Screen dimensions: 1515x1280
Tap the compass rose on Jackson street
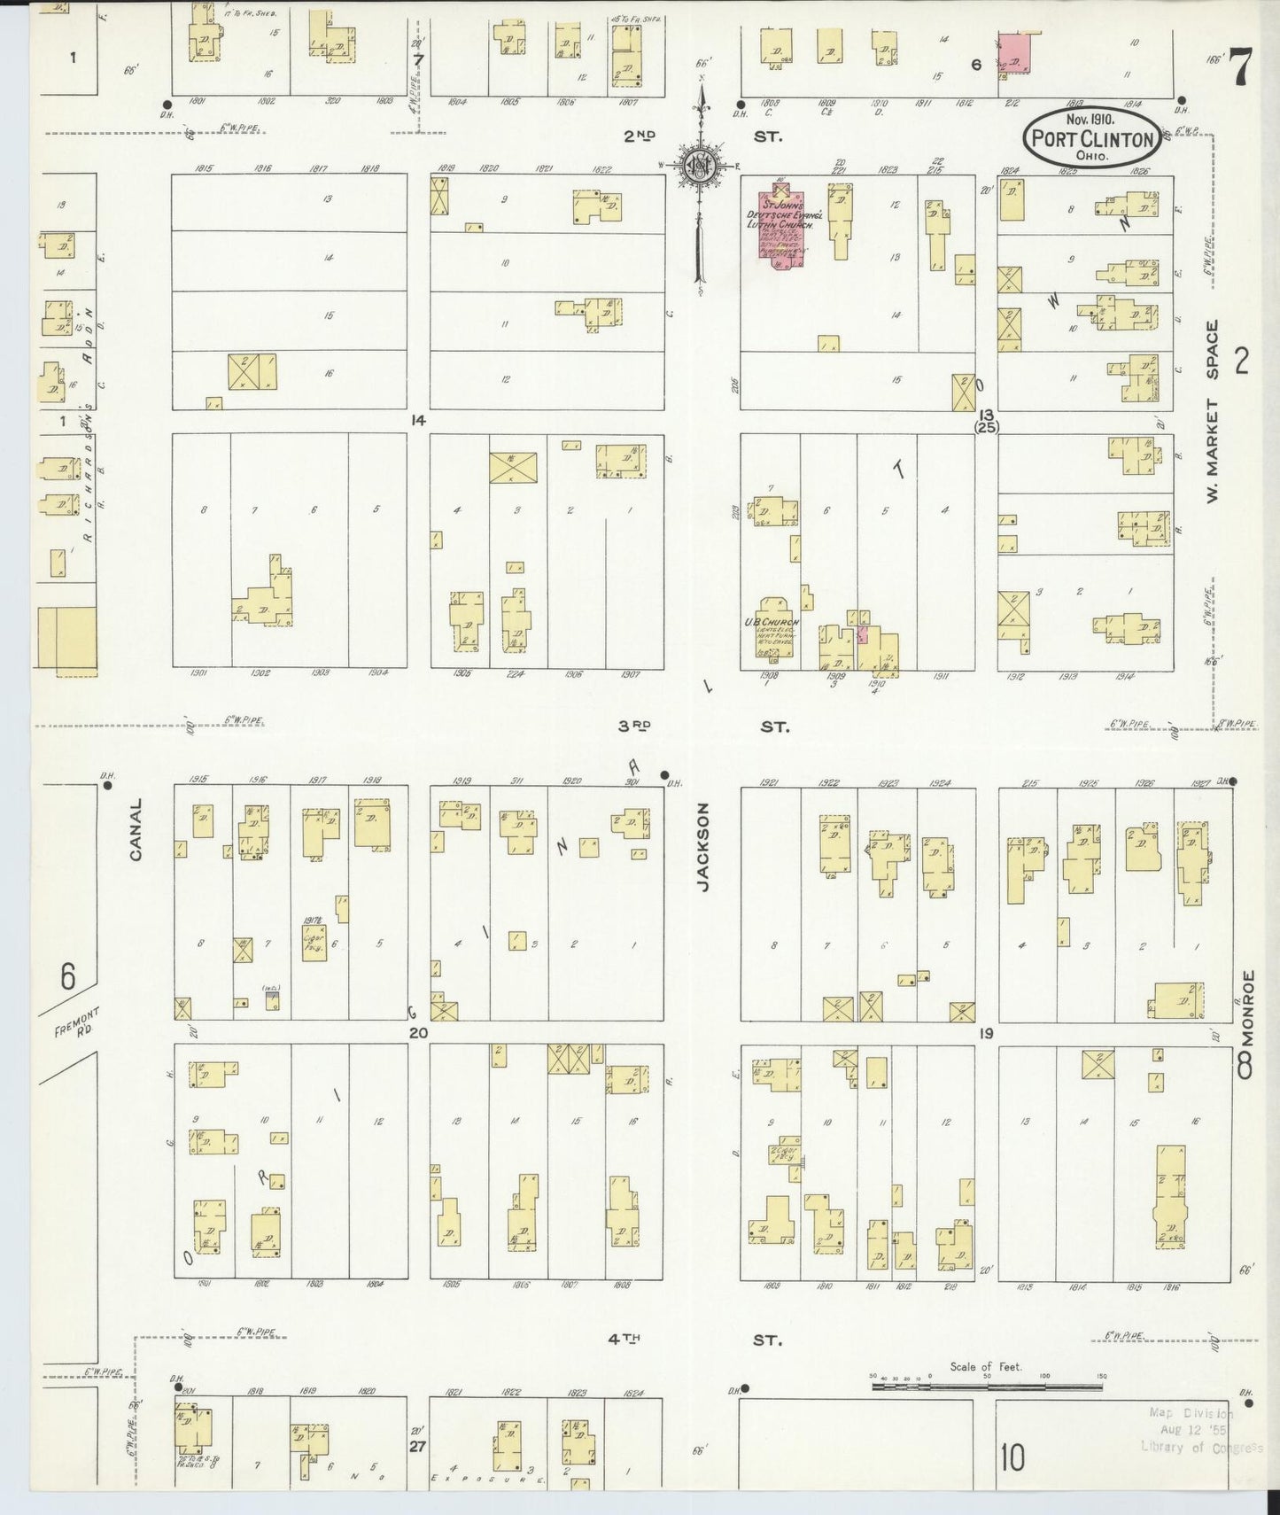[700, 165]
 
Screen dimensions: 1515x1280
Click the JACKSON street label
[704, 846]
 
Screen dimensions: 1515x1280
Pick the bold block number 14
[418, 421]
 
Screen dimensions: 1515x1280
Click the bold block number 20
[418, 1033]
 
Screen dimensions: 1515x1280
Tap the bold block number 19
[986, 1033]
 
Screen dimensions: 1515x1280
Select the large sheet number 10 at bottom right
[1013, 1457]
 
